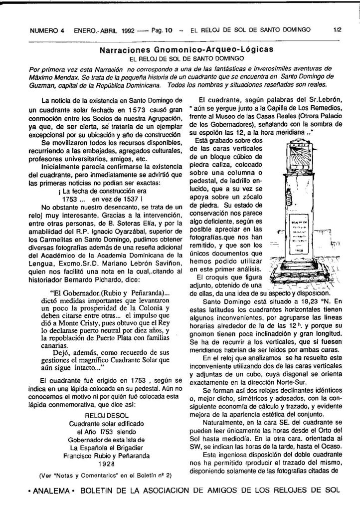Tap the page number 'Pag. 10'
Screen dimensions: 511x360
pos(162,30)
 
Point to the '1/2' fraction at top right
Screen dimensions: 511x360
pos(337,30)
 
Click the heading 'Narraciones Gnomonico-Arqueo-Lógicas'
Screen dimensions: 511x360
pos(186,50)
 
